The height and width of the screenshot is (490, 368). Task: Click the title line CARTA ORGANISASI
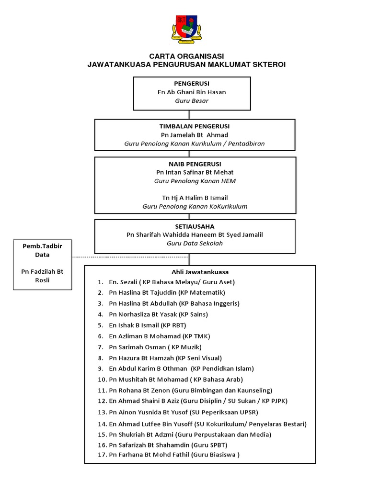coord(186,56)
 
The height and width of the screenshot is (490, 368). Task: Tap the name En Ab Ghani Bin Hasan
coord(191,92)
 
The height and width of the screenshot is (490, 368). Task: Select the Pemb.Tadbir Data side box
coord(42,264)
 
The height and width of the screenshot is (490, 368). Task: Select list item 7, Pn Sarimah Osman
coord(155,347)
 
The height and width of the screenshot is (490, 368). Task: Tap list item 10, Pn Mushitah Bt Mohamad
coord(176,379)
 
